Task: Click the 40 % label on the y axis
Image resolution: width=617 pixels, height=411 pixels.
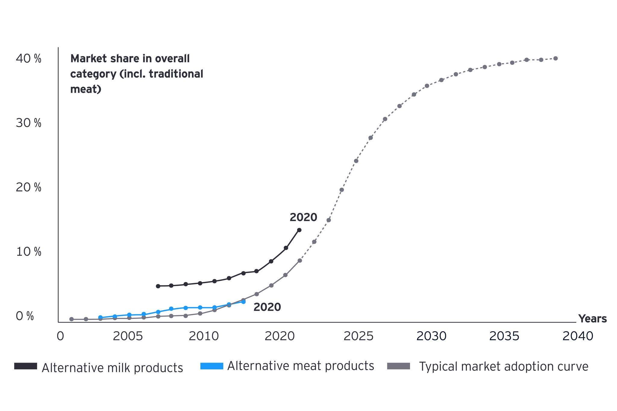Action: click(x=28, y=59)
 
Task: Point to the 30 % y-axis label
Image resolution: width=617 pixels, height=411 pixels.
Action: click(x=28, y=123)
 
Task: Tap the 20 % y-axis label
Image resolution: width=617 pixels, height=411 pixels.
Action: click(x=28, y=188)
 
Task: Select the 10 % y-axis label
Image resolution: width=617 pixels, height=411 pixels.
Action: click(x=28, y=252)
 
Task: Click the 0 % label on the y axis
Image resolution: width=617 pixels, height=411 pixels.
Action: click(x=25, y=316)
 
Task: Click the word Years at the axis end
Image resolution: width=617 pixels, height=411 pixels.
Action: click(x=592, y=319)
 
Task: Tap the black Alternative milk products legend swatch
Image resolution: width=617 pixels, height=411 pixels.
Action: click(x=26, y=366)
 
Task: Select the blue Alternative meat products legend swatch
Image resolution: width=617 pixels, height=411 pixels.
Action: click(x=212, y=366)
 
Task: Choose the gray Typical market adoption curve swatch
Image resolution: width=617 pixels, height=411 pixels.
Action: click(x=399, y=366)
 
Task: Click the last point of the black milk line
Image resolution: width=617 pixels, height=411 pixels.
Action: click(x=299, y=230)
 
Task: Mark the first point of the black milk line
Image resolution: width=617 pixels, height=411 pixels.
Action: click(x=158, y=286)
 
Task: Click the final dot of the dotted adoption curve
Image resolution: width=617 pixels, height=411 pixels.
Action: click(x=556, y=58)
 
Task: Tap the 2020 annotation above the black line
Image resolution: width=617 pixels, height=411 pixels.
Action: click(x=303, y=217)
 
